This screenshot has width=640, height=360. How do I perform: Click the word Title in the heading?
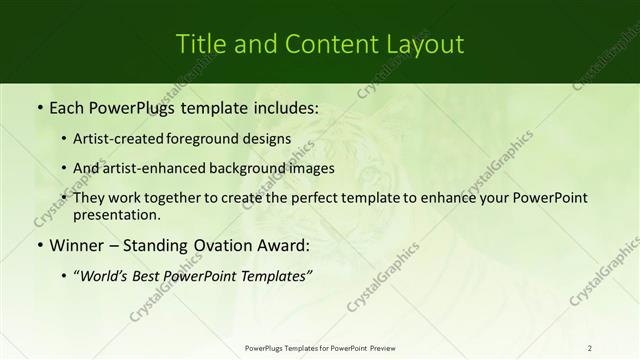pos(200,44)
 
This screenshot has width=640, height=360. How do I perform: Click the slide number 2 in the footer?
pos(590,348)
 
